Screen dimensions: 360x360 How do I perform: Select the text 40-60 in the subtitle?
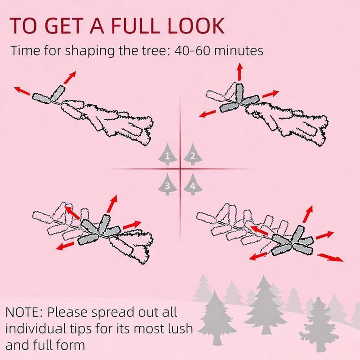click(x=192, y=50)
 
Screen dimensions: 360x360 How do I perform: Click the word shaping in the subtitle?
click(x=90, y=51)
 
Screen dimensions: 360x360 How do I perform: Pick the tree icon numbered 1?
click(x=167, y=154)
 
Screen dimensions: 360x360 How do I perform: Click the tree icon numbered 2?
click(x=193, y=154)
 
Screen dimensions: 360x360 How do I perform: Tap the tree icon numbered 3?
click(x=167, y=184)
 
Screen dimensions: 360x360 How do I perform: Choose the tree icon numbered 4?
click(x=193, y=184)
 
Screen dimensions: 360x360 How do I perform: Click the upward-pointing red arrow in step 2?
click(x=240, y=72)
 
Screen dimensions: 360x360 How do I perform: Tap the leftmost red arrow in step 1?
click(x=22, y=91)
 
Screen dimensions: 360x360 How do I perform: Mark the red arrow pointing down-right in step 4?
click(x=330, y=257)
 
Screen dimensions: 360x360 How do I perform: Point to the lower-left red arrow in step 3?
click(x=65, y=246)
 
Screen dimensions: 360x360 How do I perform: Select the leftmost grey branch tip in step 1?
click(x=41, y=98)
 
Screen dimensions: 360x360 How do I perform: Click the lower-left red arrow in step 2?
click(x=208, y=114)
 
